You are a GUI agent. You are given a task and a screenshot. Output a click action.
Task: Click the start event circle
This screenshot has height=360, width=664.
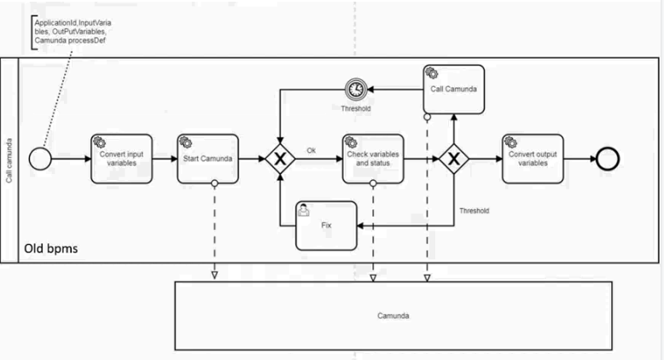[x=39, y=159]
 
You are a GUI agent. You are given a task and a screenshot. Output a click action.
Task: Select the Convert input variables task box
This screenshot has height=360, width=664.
[x=122, y=159]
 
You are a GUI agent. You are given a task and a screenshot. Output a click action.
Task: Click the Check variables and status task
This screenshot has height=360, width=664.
[x=373, y=159]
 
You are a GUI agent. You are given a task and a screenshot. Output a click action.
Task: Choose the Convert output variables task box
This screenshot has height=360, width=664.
[x=533, y=159]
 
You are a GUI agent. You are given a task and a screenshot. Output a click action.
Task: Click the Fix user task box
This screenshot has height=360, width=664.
[x=326, y=225]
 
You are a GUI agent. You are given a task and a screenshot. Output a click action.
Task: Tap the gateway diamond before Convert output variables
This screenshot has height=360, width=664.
[x=454, y=159]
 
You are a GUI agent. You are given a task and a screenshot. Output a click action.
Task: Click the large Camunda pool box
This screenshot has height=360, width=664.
[x=393, y=315]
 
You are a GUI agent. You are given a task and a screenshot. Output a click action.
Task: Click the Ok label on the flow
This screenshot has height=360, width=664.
[x=312, y=151]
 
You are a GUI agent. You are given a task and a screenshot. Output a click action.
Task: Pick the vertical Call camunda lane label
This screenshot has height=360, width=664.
[x=9, y=159]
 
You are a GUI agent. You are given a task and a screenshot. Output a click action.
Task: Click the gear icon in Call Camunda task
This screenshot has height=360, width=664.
[x=433, y=73]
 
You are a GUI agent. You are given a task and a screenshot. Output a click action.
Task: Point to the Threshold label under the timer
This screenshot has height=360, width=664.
[x=356, y=109]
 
